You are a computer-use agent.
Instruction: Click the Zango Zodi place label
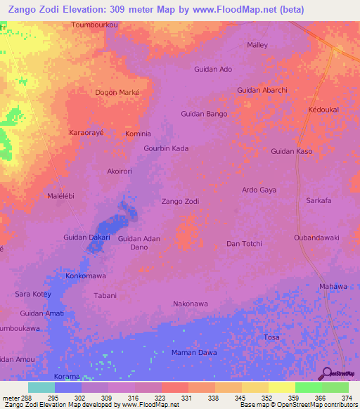point(180,202)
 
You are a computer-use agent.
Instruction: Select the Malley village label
point(257,45)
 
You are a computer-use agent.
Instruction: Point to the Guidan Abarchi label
point(262,90)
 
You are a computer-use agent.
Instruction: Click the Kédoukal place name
point(324,111)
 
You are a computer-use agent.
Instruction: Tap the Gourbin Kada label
point(166,149)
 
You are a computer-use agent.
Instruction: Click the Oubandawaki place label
point(316,238)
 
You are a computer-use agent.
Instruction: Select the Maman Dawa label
point(194,352)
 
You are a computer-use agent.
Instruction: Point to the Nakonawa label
point(191,304)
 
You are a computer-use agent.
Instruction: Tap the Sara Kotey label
point(33,294)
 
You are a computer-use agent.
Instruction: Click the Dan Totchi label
point(243,244)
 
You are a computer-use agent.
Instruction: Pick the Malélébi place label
point(60,196)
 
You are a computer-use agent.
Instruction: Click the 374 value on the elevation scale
point(346,398)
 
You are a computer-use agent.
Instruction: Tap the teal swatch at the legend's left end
point(41,387)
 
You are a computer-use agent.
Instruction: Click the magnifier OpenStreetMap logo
point(326,373)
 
